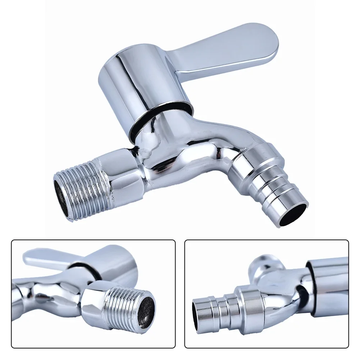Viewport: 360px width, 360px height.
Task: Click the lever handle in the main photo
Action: click(x=230, y=50)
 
